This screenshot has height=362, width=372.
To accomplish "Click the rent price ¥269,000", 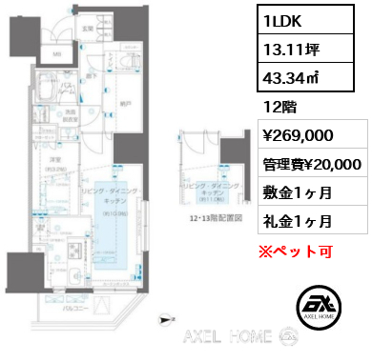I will pyautogui.click(x=299, y=136).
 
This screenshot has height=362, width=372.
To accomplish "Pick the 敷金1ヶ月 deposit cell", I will pyautogui.click(x=296, y=193).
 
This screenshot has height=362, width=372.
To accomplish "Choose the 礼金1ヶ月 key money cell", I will pyautogui.click(x=296, y=222).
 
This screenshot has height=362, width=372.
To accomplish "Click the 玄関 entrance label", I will pyautogui.click(x=88, y=29).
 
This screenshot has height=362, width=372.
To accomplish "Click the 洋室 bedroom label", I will pyautogui.click(x=56, y=160).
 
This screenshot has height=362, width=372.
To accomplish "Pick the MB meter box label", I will pyautogui.click(x=57, y=54).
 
